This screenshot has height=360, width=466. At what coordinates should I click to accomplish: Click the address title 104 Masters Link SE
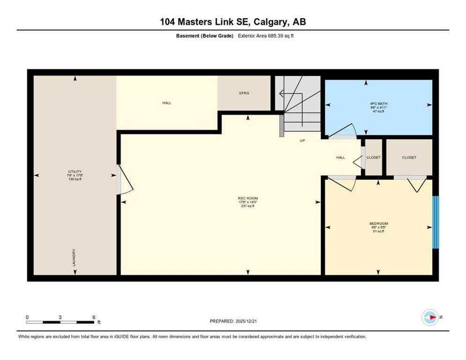[x=233, y=22]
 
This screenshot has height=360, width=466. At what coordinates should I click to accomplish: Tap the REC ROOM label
[x=248, y=198]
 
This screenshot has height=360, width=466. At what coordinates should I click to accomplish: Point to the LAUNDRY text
[x=74, y=258]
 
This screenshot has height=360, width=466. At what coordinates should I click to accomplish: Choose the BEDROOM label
[x=378, y=224]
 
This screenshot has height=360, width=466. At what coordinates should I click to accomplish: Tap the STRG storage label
[x=244, y=93]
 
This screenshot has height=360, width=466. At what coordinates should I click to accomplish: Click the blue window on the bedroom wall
[x=436, y=222]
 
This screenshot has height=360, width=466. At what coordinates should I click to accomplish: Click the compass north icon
[x=429, y=317]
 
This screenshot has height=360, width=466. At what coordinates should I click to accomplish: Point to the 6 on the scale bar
[x=94, y=317]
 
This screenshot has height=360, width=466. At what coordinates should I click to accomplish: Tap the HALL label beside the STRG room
[x=166, y=103]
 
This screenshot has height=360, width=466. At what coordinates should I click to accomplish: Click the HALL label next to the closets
[x=341, y=157]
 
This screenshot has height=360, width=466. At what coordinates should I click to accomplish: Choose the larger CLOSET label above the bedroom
[x=409, y=157]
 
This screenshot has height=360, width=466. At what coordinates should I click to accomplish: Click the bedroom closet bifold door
[x=413, y=184]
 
